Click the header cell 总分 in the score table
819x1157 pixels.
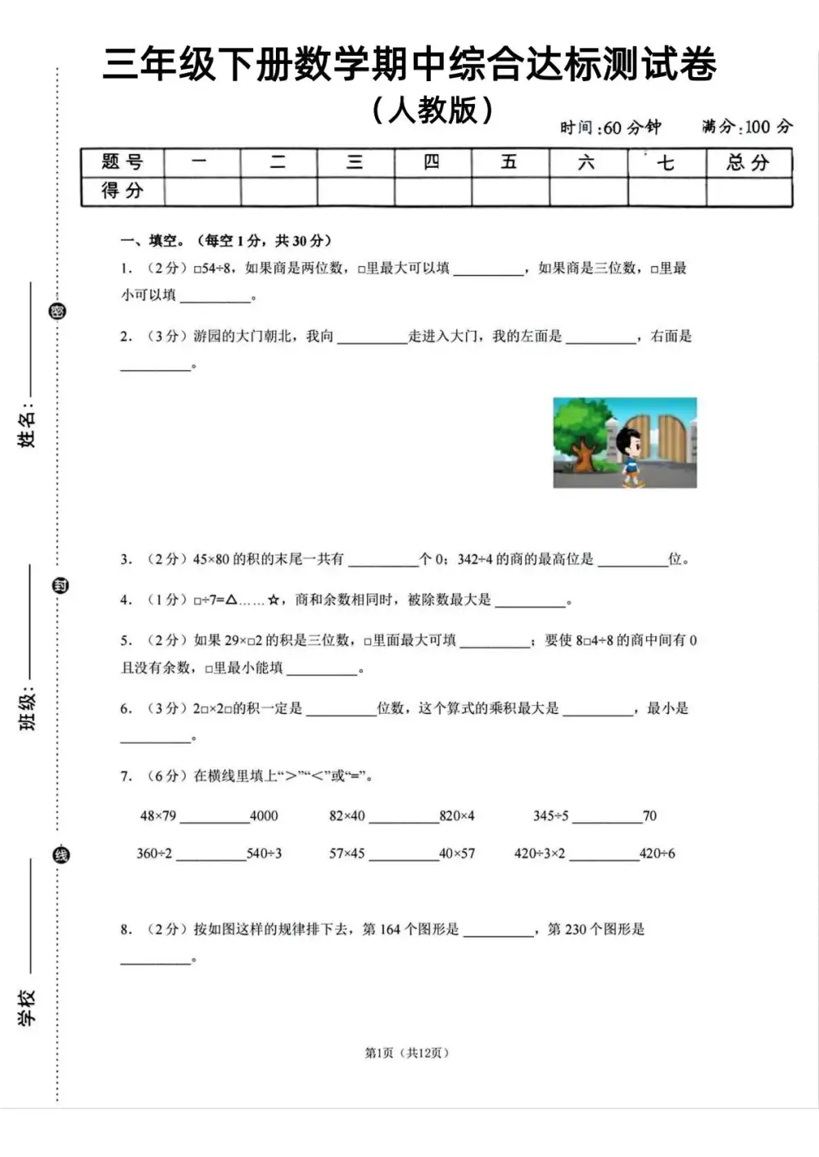tap(749, 162)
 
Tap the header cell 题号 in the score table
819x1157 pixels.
tap(122, 162)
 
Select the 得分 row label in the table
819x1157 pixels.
tap(122, 191)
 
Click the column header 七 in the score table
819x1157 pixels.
tap(666, 162)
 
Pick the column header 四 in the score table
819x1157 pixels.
tap(432, 162)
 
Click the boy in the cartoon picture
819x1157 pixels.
tap(631, 454)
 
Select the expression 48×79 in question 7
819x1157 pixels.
tap(158, 816)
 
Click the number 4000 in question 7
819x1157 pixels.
tap(264, 816)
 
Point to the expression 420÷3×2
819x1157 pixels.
tap(540, 853)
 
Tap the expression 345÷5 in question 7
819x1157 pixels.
tap(550, 816)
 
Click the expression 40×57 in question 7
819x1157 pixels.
tap(457, 853)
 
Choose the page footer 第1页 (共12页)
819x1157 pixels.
tap(407, 1052)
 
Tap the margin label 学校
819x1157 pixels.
tap(28, 1008)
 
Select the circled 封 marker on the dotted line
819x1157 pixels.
tap(60, 585)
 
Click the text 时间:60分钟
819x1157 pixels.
tap(610, 128)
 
